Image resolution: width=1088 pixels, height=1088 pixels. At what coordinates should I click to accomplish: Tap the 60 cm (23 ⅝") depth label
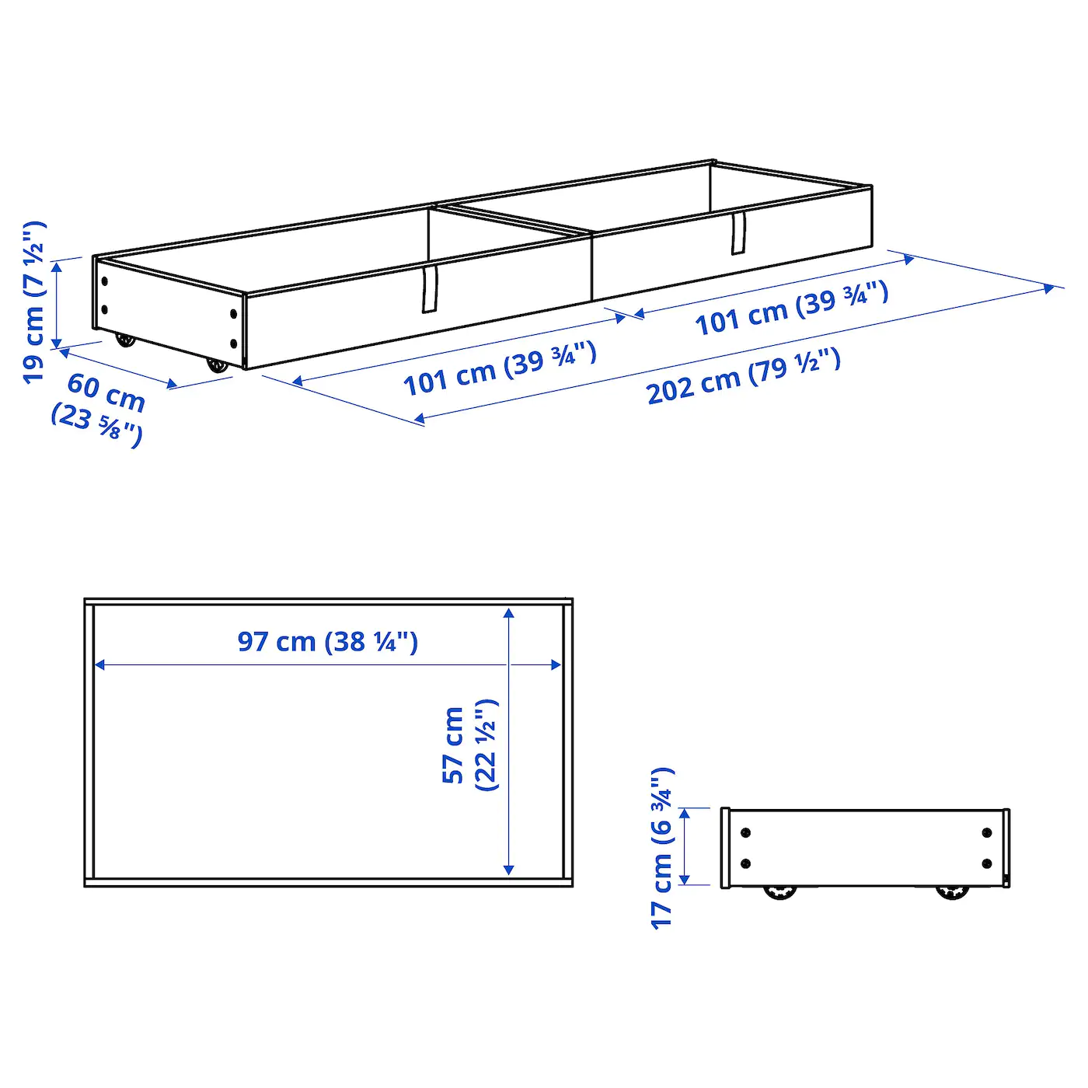click(x=99, y=408)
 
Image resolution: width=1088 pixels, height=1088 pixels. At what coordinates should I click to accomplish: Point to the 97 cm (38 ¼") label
click(x=327, y=642)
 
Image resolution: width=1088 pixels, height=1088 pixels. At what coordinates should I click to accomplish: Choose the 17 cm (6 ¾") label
click(x=662, y=847)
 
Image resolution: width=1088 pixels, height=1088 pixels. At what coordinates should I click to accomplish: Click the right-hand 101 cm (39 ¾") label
click(x=791, y=308)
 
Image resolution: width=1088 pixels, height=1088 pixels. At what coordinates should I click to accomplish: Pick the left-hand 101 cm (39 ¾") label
click(x=500, y=368)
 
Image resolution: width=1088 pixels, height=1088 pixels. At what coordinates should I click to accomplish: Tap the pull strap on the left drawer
click(x=430, y=288)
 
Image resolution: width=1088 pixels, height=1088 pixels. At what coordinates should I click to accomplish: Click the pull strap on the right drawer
click(x=738, y=232)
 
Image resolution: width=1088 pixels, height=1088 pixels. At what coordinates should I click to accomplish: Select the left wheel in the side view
click(x=779, y=891)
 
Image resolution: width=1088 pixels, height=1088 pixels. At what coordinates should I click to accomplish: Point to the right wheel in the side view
click(x=952, y=891)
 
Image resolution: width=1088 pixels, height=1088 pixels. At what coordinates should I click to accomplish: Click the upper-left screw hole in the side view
click(x=746, y=833)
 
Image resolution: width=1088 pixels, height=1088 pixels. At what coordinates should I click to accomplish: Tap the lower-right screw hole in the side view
click(x=987, y=863)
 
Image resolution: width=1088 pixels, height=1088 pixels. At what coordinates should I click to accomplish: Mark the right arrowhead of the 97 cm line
click(x=556, y=664)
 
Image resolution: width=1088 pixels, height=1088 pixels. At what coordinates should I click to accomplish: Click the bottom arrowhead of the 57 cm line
click(x=509, y=870)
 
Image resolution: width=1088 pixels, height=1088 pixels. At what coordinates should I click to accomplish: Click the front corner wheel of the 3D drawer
click(x=218, y=365)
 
